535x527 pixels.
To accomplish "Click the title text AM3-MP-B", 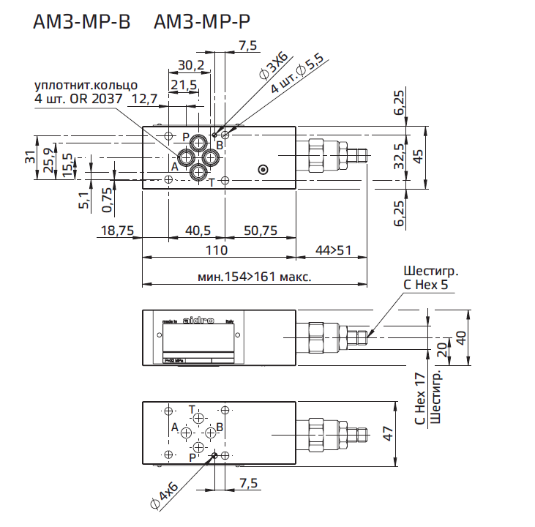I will click(81, 23).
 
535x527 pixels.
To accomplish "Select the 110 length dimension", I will click(217, 250).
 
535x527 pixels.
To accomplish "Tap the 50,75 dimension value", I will click(261, 231).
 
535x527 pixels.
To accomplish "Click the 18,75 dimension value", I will click(116, 231).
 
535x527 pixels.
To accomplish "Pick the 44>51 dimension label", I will click(334, 250).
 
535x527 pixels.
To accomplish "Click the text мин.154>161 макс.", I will click(255, 277).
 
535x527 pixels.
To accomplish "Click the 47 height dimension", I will click(411, 433).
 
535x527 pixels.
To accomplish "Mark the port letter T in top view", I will click(212, 182).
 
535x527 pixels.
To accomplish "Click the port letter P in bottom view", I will click(192, 457).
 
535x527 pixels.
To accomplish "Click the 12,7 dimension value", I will click(144, 98).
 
